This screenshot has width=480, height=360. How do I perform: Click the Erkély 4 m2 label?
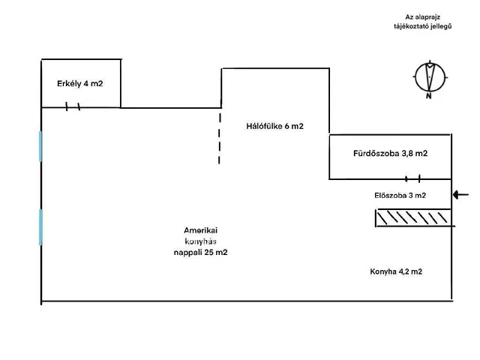tap(79, 83)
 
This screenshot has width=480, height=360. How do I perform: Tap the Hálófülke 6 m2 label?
tap(274, 126)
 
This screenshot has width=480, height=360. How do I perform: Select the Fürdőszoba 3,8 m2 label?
tap(390, 154)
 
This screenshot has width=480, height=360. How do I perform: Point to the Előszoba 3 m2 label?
tap(400, 196)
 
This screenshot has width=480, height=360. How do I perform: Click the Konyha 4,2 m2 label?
tap(396, 271)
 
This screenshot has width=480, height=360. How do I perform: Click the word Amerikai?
tap(200, 229)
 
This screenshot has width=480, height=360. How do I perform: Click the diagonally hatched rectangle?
tap(412, 217)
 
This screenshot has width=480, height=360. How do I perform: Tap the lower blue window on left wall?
tap(40, 226)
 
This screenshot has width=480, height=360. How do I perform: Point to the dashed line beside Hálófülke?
tap(220, 138)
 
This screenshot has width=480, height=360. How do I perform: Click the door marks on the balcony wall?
tap(73, 107)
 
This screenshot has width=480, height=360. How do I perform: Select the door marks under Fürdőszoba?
tap(412, 179)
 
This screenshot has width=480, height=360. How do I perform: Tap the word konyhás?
tap(200, 241)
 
